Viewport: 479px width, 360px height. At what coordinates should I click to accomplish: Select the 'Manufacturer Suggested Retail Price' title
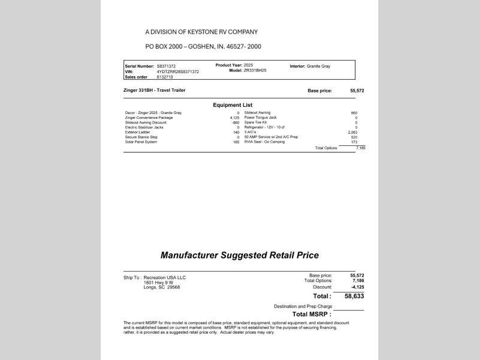(239, 255)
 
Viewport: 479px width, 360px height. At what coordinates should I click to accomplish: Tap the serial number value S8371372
(167, 66)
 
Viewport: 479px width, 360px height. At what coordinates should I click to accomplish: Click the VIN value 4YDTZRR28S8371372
(177, 71)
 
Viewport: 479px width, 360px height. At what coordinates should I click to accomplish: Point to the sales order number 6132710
(165, 77)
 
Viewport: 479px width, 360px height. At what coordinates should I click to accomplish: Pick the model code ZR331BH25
(255, 71)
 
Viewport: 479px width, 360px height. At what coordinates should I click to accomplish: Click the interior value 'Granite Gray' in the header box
(318, 66)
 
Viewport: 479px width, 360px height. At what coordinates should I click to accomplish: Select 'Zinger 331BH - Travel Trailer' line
(154, 91)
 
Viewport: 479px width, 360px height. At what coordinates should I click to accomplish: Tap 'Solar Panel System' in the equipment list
(141, 142)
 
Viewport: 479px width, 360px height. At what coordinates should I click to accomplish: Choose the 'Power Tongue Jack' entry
(260, 118)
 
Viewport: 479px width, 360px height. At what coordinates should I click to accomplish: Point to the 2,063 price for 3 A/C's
(353, 132)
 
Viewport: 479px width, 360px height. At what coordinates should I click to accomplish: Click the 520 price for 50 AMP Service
(354, 137)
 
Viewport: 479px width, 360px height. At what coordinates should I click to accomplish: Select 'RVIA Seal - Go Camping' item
(264, 142)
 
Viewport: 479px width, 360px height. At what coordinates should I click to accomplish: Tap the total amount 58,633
(354, 296)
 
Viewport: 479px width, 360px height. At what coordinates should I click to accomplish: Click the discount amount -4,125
(356, 286)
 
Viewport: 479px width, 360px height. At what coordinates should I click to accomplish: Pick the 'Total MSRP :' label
(312, 314)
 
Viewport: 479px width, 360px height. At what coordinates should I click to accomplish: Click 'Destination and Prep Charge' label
(303, 306)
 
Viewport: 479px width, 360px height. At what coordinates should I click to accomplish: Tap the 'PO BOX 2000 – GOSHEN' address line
(203, 46)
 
